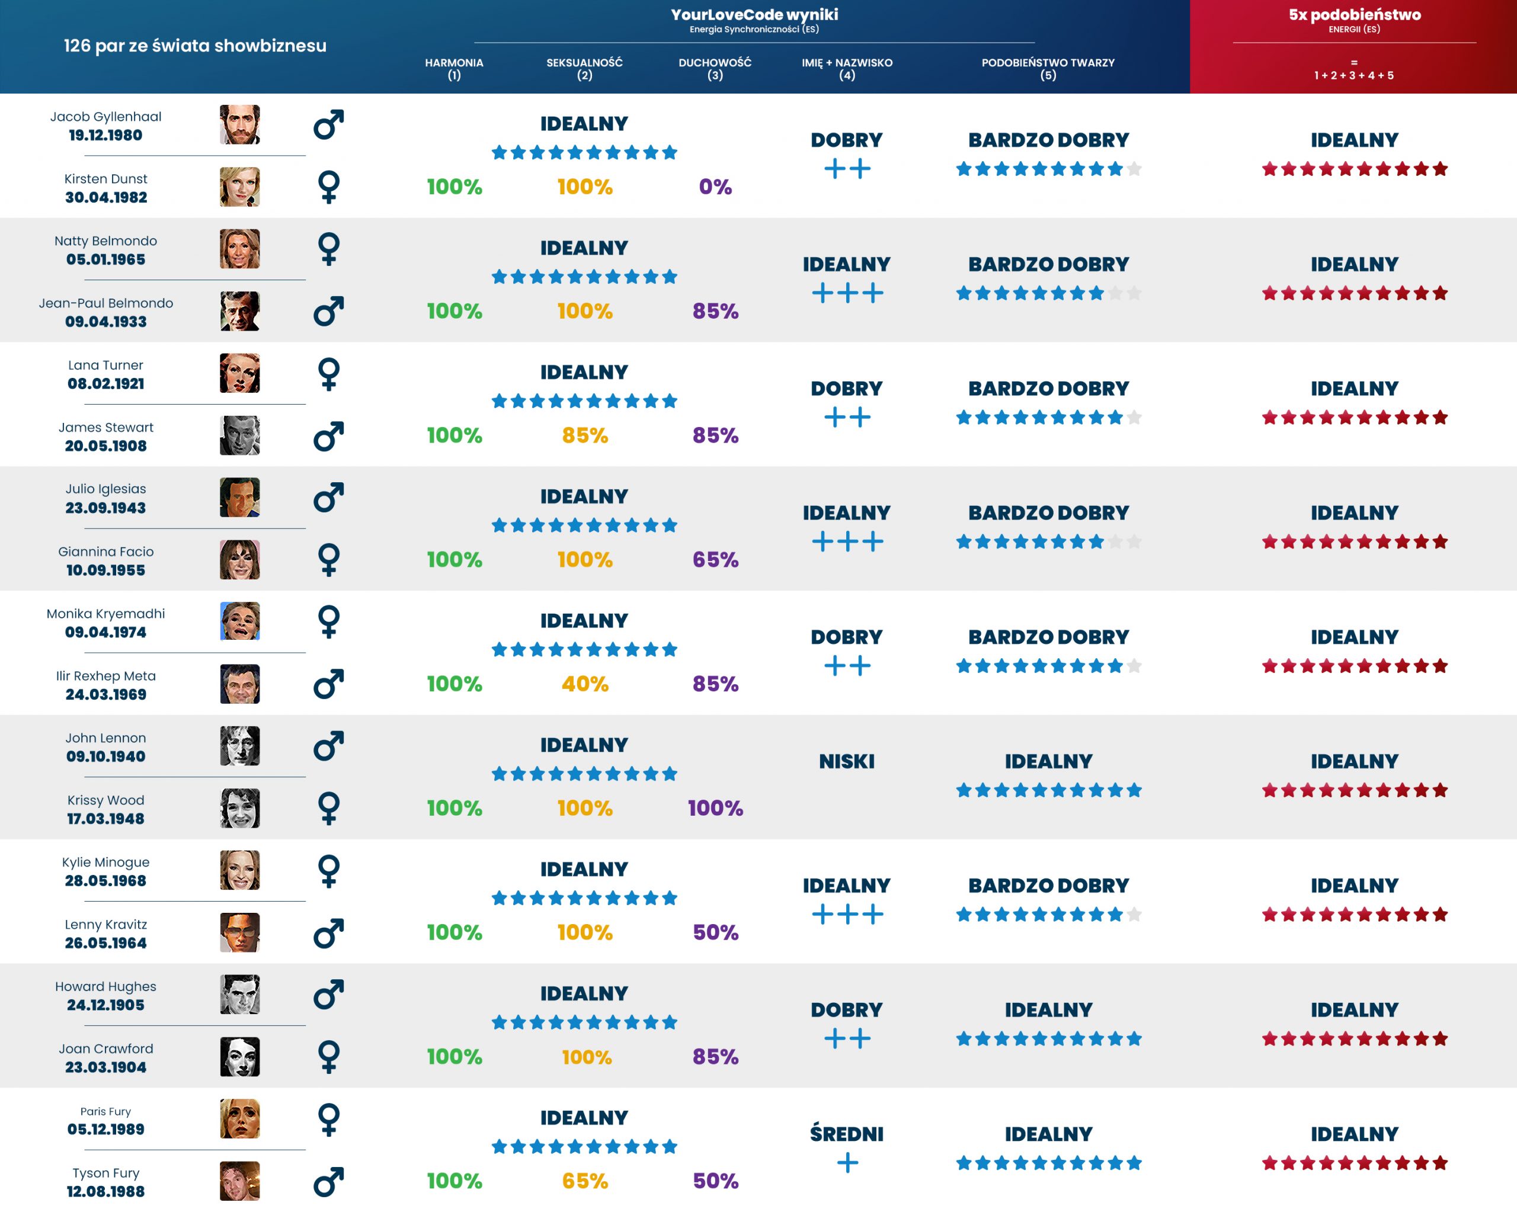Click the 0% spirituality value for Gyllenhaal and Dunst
pos(715,187)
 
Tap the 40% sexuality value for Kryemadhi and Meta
pos(585,684)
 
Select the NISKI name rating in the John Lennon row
pos(846,761)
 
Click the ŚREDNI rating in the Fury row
pos(846,1134)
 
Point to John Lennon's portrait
pos(239,746)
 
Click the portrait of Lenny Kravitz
pos(239,932)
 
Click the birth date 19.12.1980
pos(105,135)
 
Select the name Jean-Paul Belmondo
pos(105,303)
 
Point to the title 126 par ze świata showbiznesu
pos(195,46)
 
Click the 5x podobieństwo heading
pos(1354,15)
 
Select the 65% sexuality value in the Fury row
pos(585,1181)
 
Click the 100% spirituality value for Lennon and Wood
pos(715,808)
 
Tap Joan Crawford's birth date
pos(105,1067)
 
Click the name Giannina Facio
pos(105,552)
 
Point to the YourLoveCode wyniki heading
pos(754,15)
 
